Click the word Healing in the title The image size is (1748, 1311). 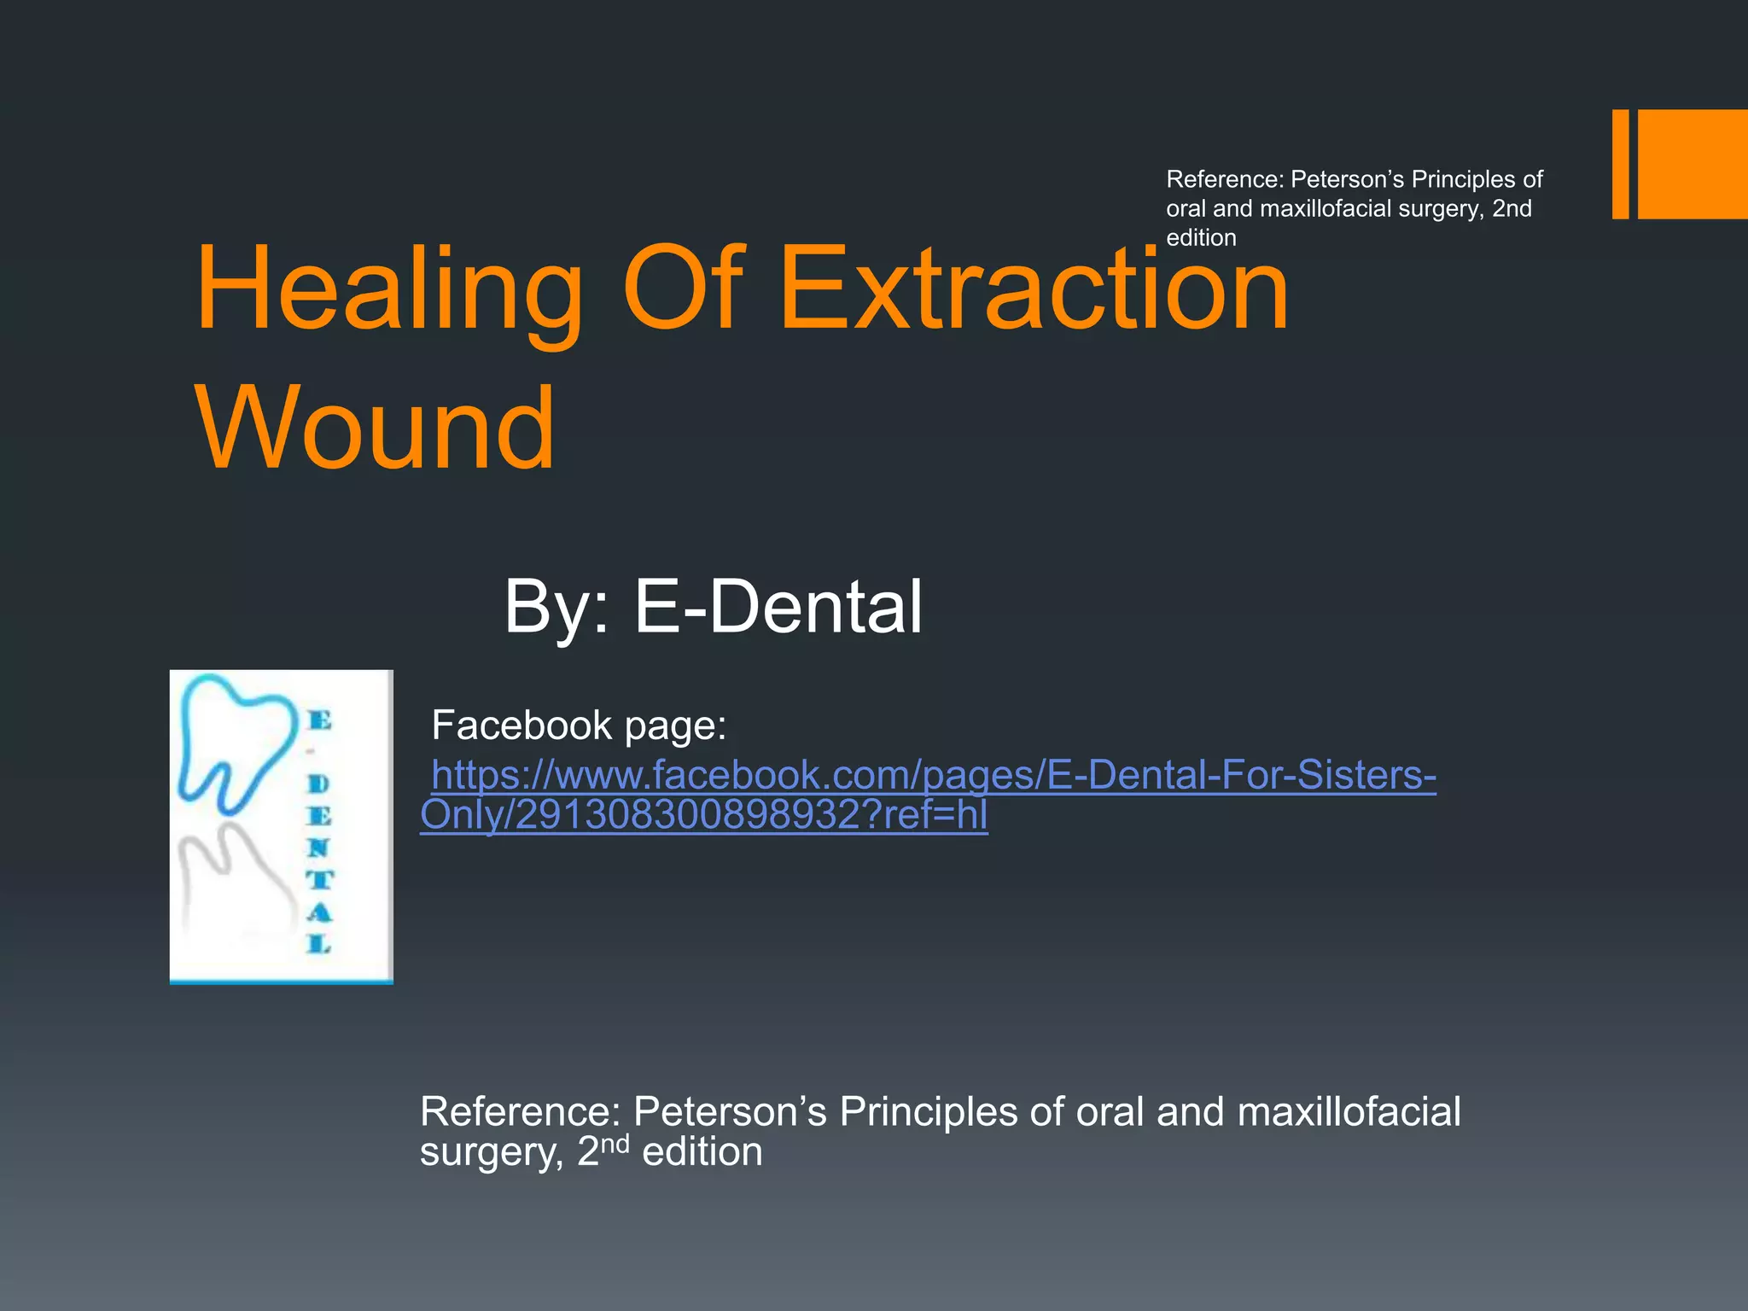point(388,290)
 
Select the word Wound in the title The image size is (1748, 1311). point(376,428)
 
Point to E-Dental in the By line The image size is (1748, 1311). point(777,607)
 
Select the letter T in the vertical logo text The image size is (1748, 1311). point(319,880)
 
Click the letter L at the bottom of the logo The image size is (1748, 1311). point(318,944)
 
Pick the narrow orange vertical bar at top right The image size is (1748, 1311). point(1620,164)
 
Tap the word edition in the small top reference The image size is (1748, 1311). point(1201,237)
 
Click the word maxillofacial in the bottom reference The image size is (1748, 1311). point(1349,1112)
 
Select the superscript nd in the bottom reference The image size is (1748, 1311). point(615,1144)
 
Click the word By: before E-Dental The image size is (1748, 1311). point(556,607)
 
